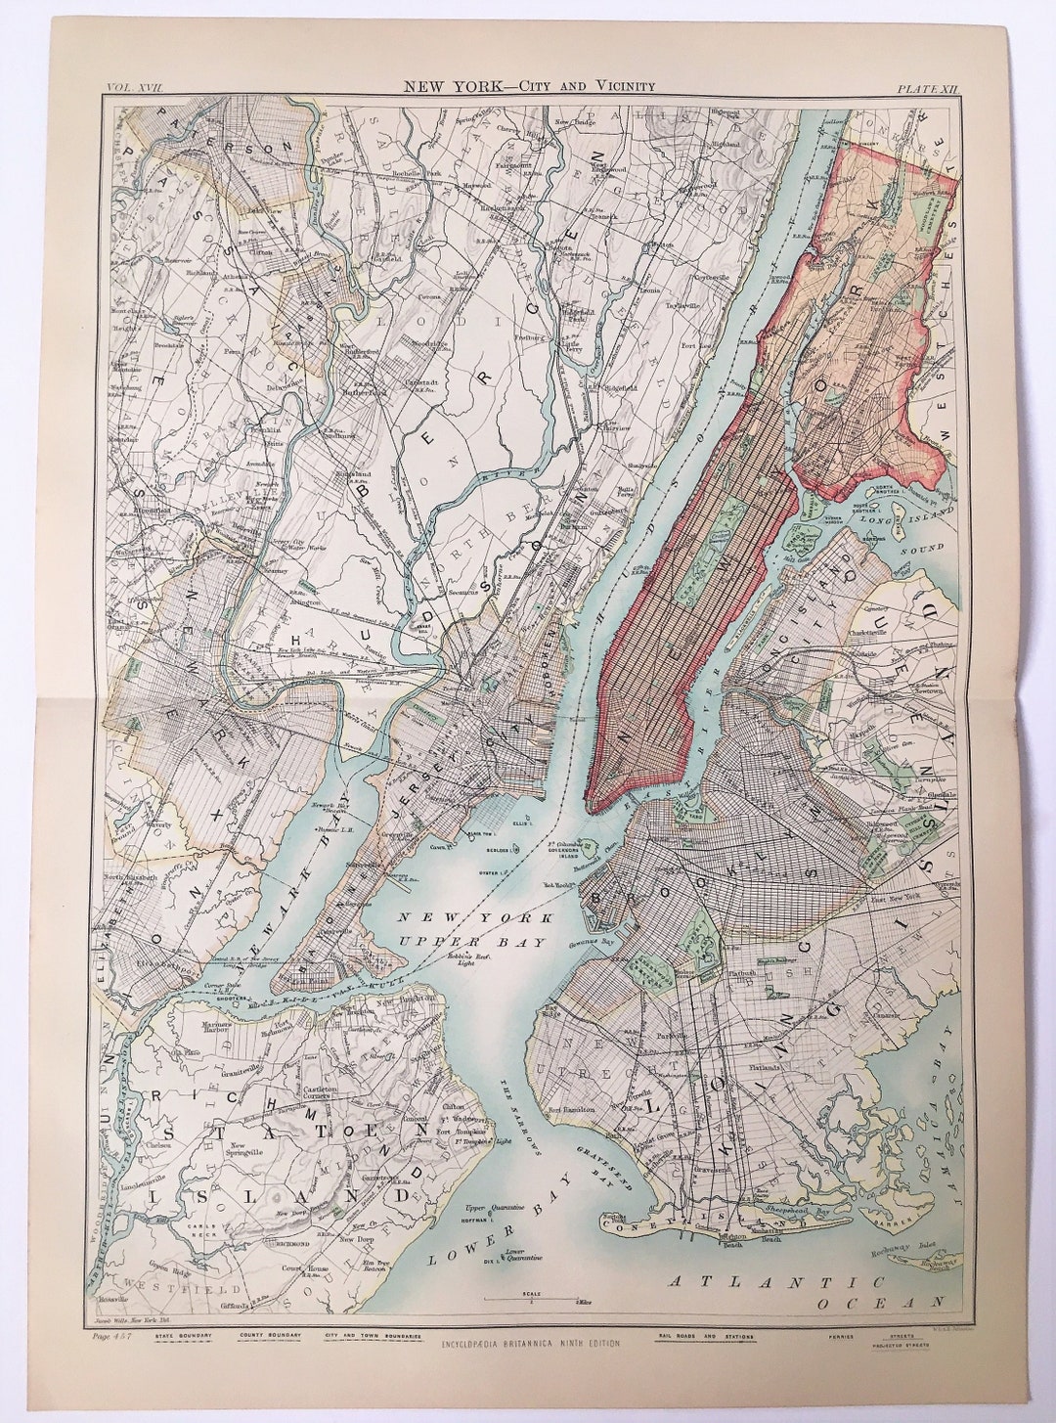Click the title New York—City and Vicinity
click(529, 86)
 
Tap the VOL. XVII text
click(133, 87)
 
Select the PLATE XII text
click(928, 88)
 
